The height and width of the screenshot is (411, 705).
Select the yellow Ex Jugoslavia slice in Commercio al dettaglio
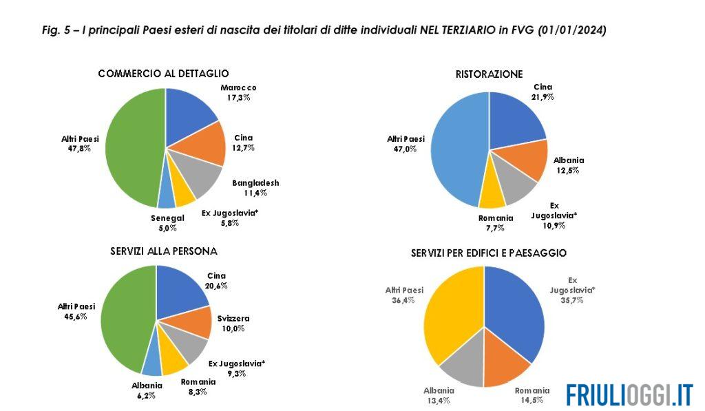tap(184, 195)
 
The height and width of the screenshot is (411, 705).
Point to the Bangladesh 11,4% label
tap(255, 188)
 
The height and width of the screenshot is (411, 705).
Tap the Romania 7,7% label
tap(496, 222)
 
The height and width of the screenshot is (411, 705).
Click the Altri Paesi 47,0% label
tap(406, 143)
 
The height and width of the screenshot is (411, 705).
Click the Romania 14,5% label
tap(532, 394)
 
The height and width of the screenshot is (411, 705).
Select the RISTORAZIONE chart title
tap(489, 74)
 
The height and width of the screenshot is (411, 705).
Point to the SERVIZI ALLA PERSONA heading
tap(164, 251)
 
